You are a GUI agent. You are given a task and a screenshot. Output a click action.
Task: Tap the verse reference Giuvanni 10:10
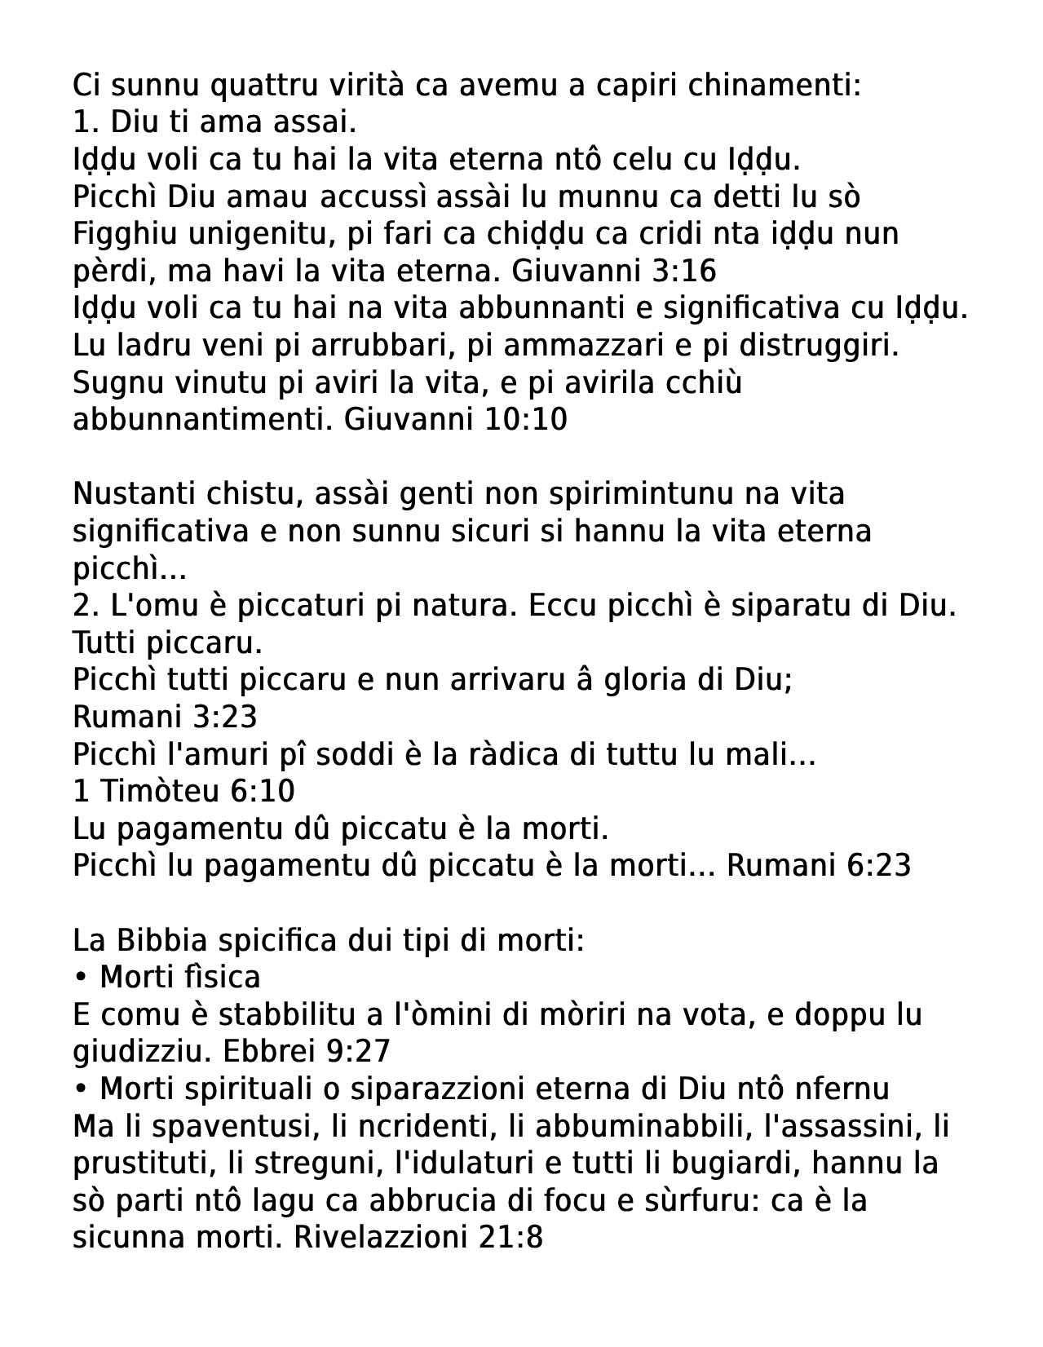click(455, 420)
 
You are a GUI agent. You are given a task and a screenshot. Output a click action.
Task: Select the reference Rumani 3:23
click(165, 717)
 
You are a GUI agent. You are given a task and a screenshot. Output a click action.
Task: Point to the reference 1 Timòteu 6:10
click(183, 791)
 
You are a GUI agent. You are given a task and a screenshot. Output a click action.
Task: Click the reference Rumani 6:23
click(818, 865)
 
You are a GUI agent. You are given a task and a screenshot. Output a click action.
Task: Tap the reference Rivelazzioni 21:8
click(418, 1237)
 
